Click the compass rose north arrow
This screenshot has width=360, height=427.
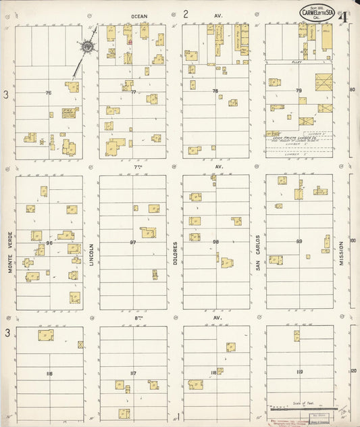click(x=88, y=47)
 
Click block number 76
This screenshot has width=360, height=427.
click(x=48, y=93)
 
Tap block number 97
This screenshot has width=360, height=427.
click(x=133, y=242)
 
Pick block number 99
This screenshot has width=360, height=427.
click(x=299, y=241)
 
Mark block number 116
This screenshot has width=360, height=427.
click(x=49, y=373)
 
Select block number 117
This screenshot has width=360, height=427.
click(x=133, y=373)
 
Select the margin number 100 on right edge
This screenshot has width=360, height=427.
click(x=352, y=241)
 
